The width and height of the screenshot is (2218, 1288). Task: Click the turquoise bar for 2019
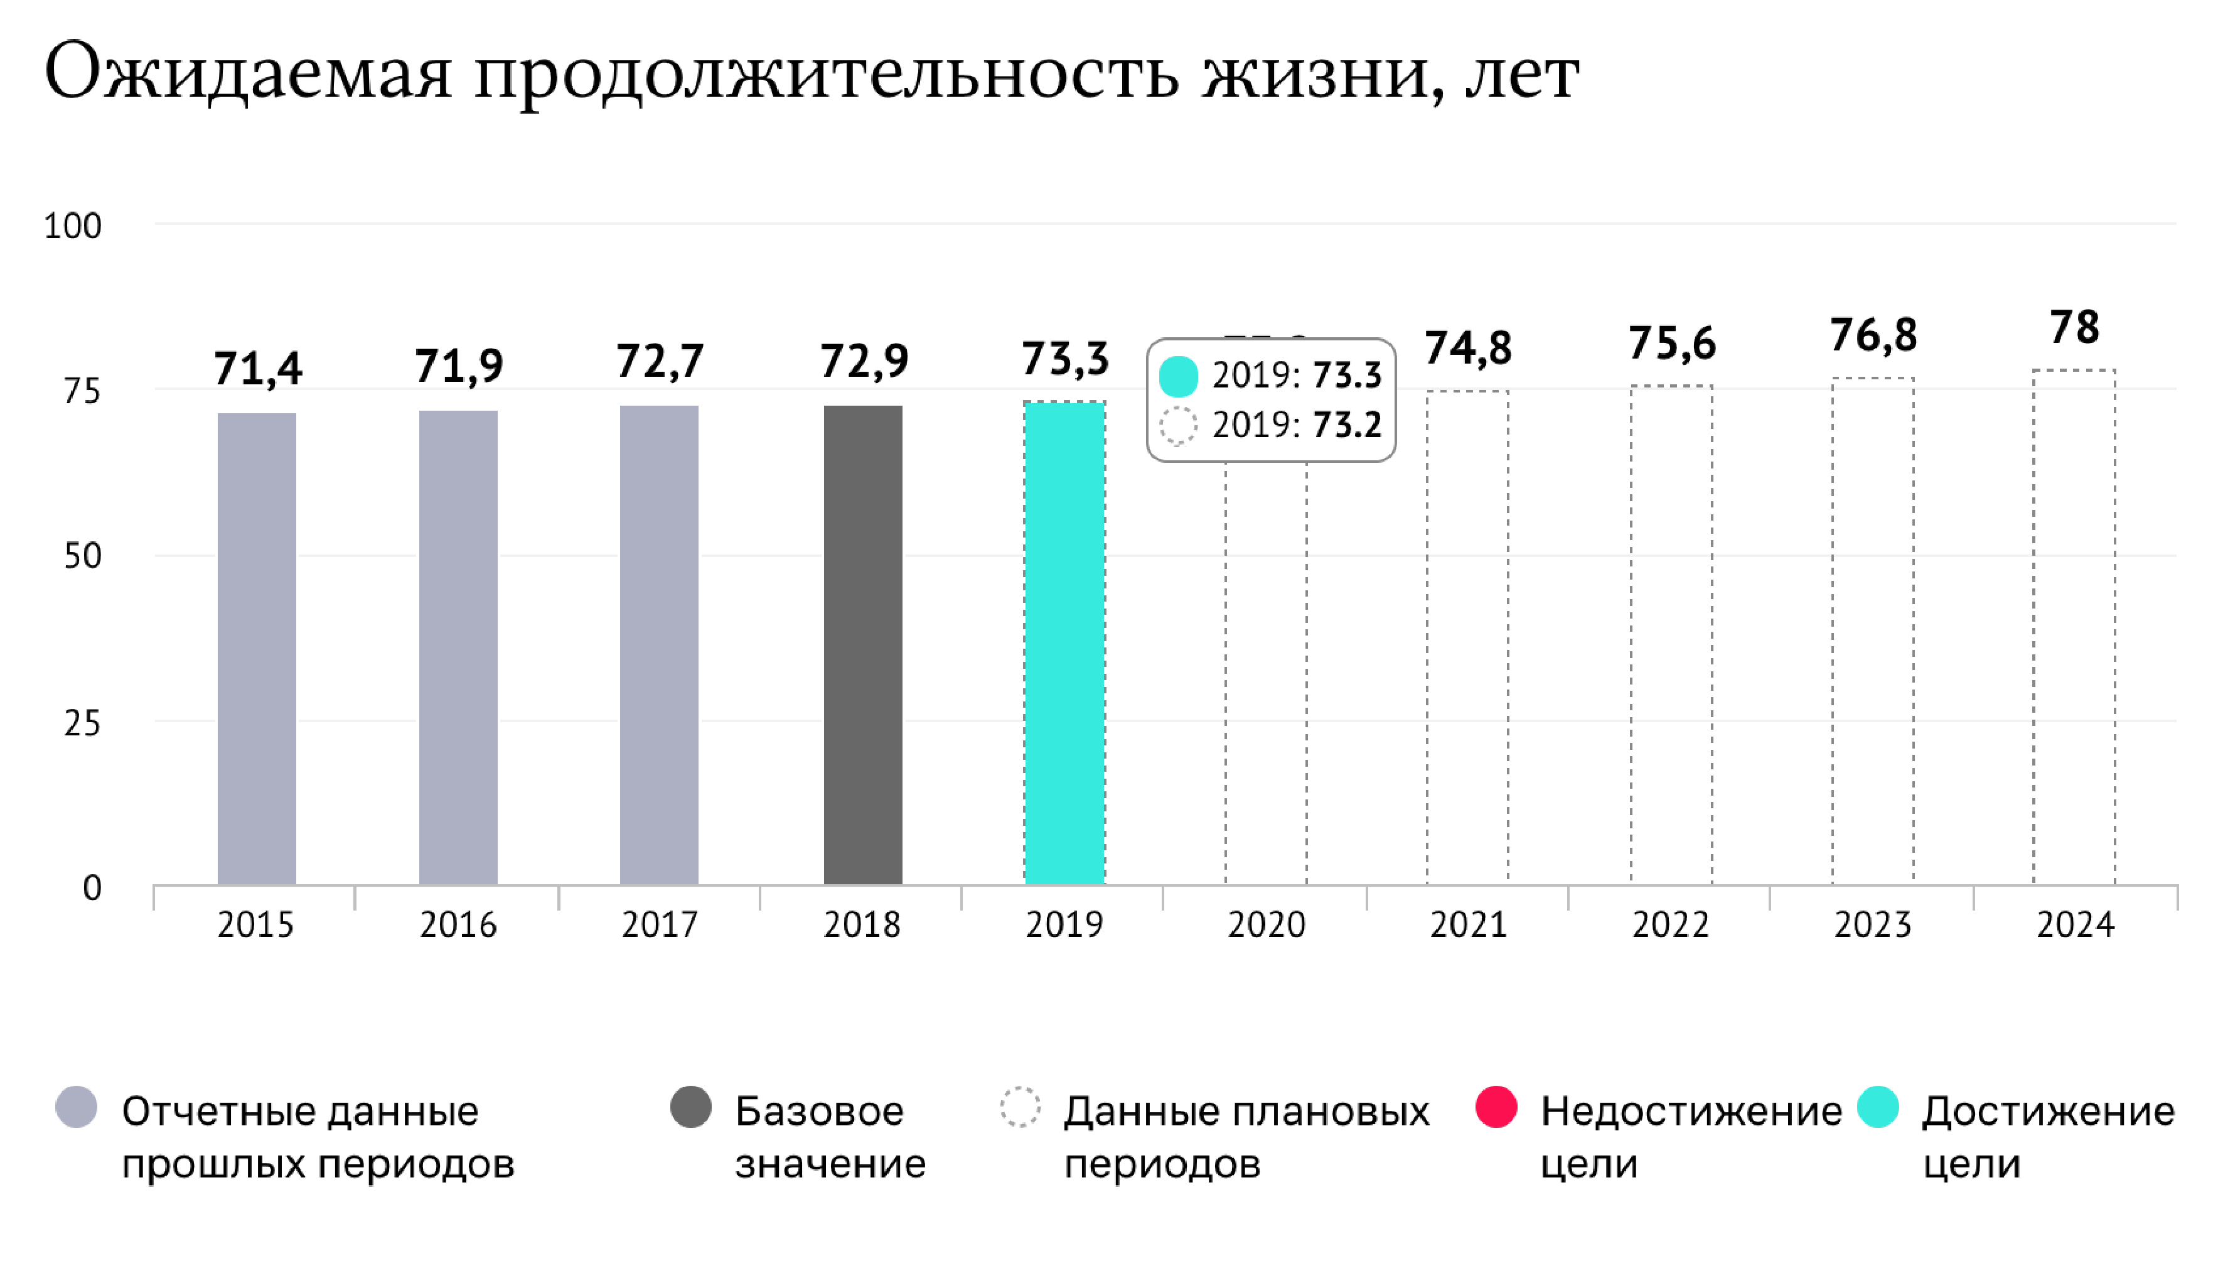tap(1064, 642)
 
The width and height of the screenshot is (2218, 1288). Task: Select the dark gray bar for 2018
tap(862, 644)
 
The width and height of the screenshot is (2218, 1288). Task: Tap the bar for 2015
tap(256, 648)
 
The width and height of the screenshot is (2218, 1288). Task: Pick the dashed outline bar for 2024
tap(2074, 627)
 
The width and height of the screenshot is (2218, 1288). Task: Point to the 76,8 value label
tap(1873, 335)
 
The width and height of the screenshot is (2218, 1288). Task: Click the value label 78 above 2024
tap(2074, 328)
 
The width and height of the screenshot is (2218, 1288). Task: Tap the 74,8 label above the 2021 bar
tap(1468, 348)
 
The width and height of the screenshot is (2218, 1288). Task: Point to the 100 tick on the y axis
tap(73, 226)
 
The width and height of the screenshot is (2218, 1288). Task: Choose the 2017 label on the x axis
tap(659, 925)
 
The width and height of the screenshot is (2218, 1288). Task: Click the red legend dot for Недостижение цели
tap(1496, 1107)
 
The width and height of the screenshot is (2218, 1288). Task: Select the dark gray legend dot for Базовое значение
tap(690, 1107)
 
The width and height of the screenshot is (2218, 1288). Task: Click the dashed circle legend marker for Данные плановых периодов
tap(1020, 1107)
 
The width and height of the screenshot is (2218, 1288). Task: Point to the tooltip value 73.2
tap(1347, 425)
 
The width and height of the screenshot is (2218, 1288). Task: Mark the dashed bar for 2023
tap(1873, 630)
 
